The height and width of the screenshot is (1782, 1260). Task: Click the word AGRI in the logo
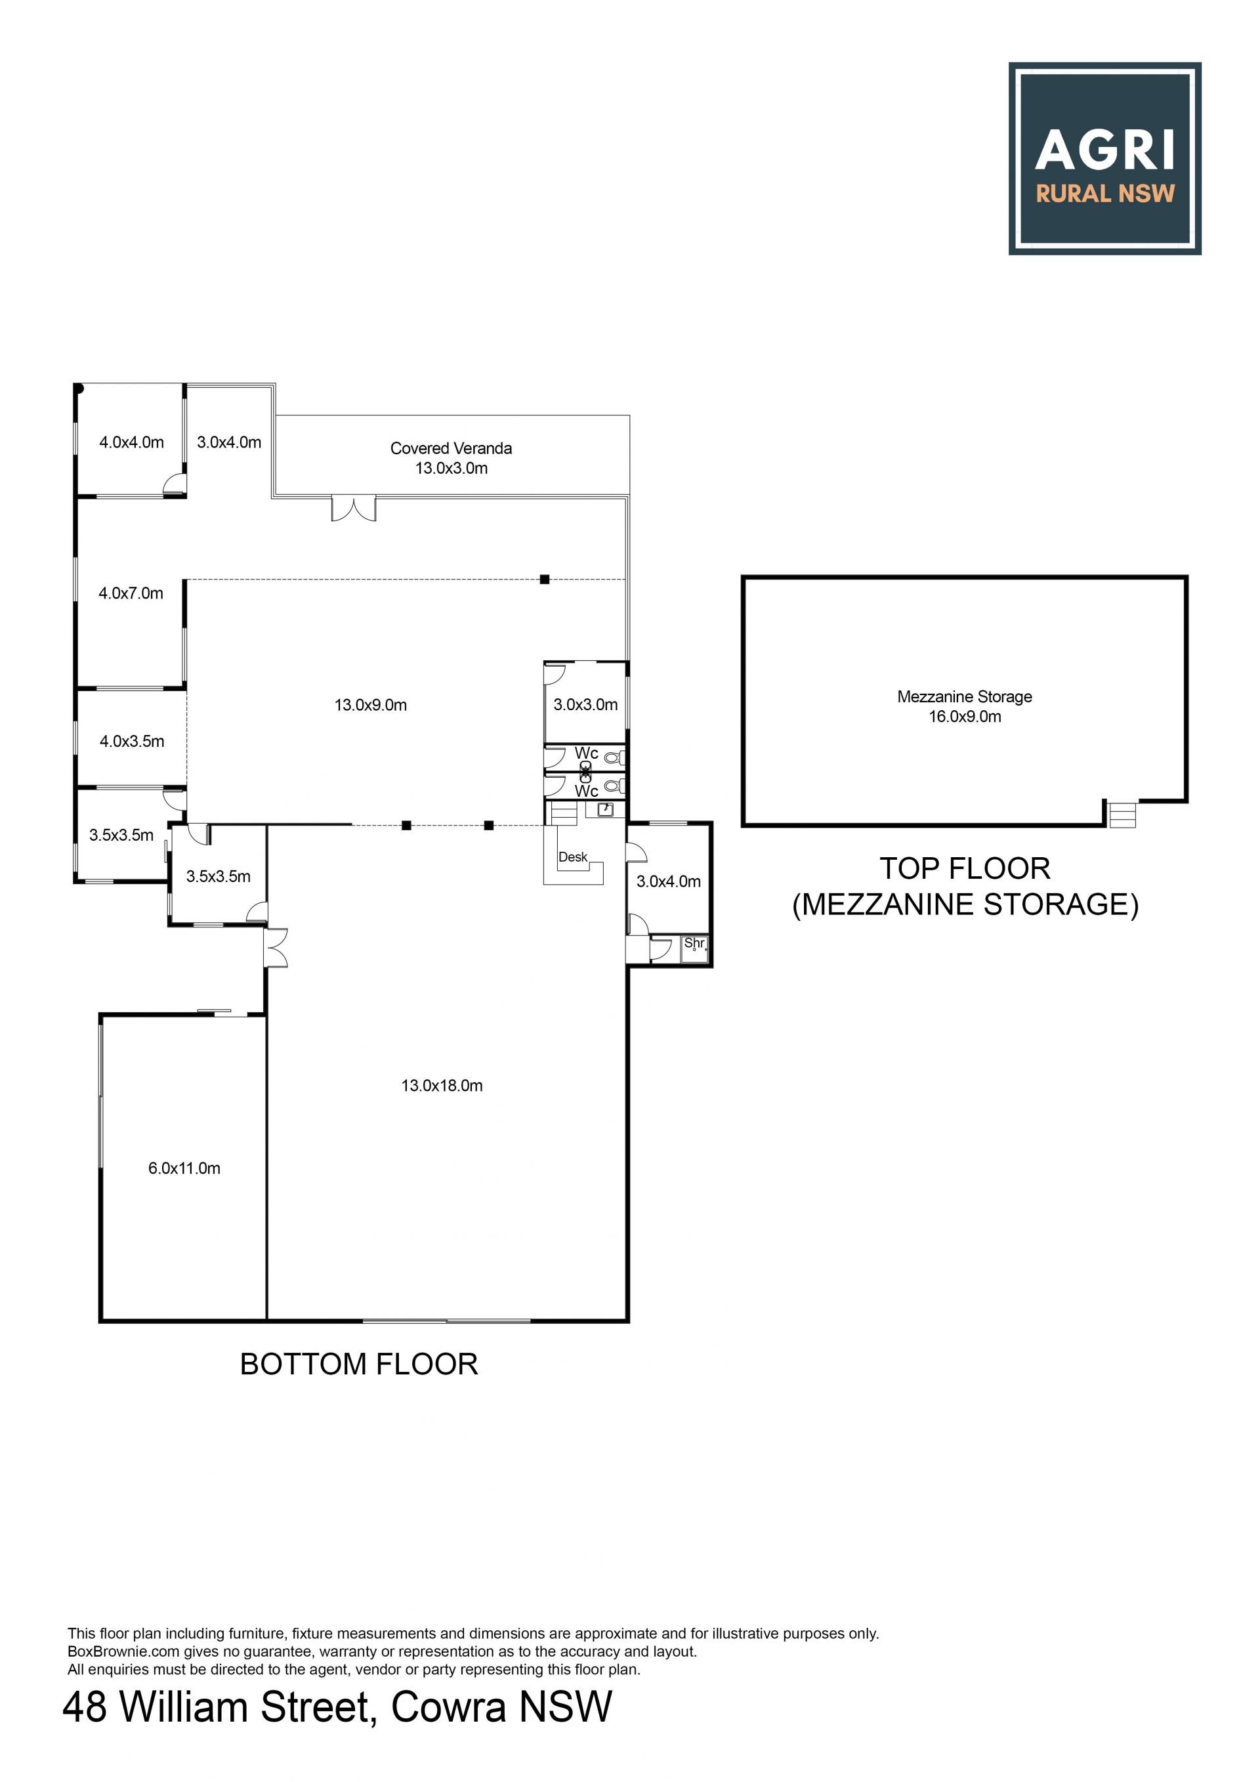(x=1105, y=149)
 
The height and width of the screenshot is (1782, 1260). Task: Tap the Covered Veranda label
(x=451, y=448)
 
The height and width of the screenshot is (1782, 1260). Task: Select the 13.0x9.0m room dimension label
(x=370, y=705)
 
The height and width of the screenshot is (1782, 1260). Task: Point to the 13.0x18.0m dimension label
(x=442, y=1085)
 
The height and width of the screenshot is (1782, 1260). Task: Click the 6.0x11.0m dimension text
(x=184, y=1168)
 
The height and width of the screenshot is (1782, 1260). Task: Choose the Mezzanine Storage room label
(x=965, y=696)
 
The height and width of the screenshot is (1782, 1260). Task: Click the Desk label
(x=573, y=857)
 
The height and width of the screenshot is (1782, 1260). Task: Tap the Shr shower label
(x=694, y=943)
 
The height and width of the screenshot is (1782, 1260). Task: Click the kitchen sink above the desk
(x=605, y=809)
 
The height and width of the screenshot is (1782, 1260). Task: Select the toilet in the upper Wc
(x=614, y=757)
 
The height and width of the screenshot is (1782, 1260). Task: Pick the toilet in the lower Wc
(x=614, y=786)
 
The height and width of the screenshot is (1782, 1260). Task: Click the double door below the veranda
(x=354, y=509)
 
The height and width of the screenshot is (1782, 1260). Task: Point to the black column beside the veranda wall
(x=545, y=579)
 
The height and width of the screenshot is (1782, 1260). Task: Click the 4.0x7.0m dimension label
(x=131, y=593)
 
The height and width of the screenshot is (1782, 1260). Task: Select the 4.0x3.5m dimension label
(x=132, y=741)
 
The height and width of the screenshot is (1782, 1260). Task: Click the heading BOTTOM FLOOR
(x=358, y=1365)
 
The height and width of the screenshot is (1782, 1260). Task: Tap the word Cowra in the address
(x=448, y=1707)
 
